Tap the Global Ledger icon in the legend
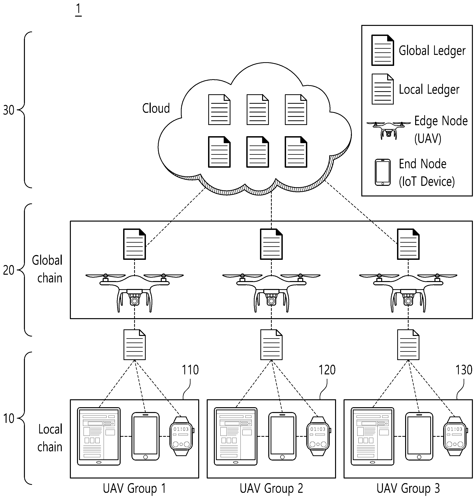(x=383, y=50)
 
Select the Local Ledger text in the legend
(x=429, y=89)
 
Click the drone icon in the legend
(x=389, y=130)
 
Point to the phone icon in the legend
(x=383, y=172)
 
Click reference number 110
(x=190, y=370)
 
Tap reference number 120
(x=327, y=370)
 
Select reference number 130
(x=464, y=370)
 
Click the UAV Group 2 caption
(x=271, y=488)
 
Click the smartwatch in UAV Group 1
(x=181, y=436)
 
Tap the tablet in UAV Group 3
(x=373, y=436)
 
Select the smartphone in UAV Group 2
(x=282, y=436)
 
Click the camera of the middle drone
(x=271, y=301)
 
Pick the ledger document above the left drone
(x=135, y=244)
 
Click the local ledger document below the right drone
(x=408, y=344)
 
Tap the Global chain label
(x=47, y=269)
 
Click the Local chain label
(x=50, y=438)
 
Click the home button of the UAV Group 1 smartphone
(x=145, y=457)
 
